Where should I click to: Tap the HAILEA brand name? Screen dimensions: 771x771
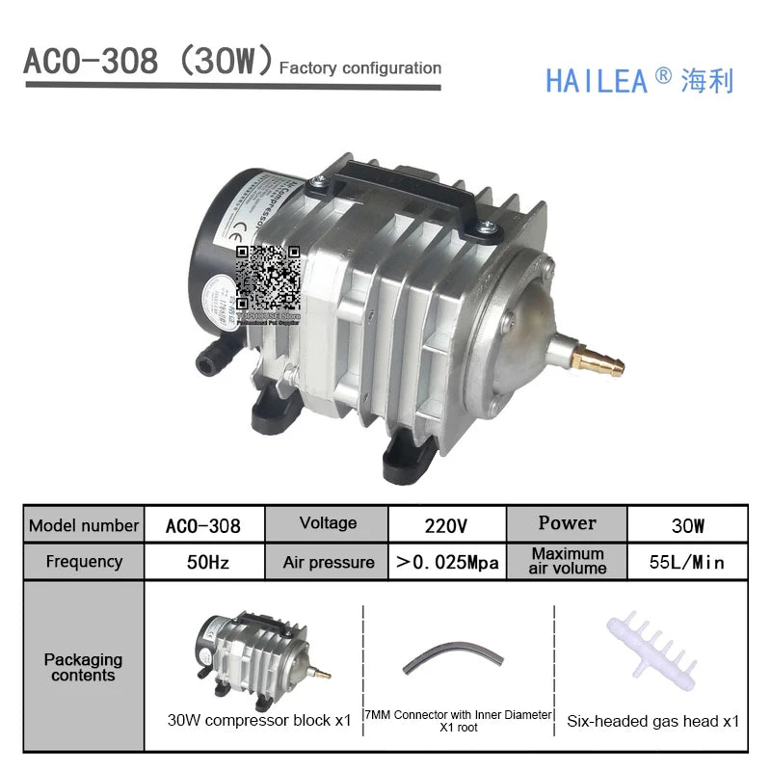point(597,80)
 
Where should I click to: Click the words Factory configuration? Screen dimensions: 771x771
point(359,68)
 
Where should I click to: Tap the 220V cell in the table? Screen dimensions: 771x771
point(446,526)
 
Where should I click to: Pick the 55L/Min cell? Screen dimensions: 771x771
point(685,562)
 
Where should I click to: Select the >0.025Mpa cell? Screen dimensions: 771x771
point(446,562)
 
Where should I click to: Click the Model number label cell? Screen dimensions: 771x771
point(84,526)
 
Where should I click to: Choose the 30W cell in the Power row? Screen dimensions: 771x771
point(685,526)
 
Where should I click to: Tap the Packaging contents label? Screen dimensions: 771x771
point(84,667)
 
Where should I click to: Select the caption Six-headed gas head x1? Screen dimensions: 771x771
point(652,720)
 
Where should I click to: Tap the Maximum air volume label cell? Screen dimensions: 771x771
point(568,561)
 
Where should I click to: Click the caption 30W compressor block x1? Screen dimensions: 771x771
point(259,720)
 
